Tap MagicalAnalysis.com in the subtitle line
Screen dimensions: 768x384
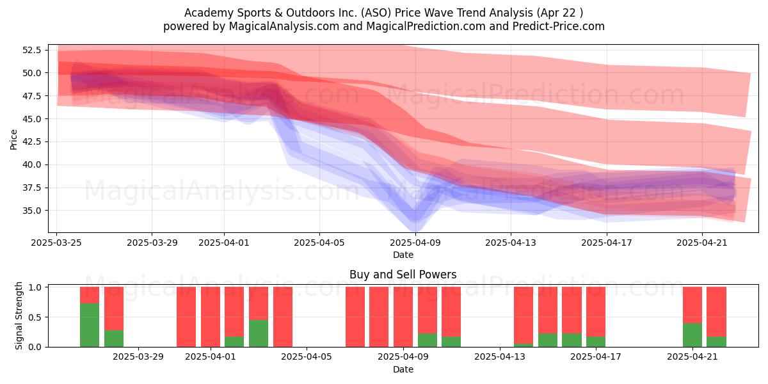coord(284,26)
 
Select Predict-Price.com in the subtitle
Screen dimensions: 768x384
coord(559,26)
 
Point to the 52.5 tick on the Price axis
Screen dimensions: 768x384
coord(31,50)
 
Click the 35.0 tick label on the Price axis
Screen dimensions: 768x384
coord(31,211)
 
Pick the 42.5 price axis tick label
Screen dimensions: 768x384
coord(31,141)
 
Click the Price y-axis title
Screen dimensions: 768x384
coord(13,140)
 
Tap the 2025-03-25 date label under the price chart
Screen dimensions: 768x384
coord(56,243)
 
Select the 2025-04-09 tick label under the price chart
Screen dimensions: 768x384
coord(415,243)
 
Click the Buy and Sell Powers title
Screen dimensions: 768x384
coord(403,275)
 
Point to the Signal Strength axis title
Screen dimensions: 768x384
coord(19,316)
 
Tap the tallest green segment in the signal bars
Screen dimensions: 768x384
coord(90,325)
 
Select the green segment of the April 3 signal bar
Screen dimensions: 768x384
coord(259,333)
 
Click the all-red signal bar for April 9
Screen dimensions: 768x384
coord(403,317)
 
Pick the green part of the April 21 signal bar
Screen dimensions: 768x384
coord(692,335)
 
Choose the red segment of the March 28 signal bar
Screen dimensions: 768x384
coord(114,308)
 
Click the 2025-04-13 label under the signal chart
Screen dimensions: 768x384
coord(500,357)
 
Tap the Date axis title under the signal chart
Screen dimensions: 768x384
coord(403,370)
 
